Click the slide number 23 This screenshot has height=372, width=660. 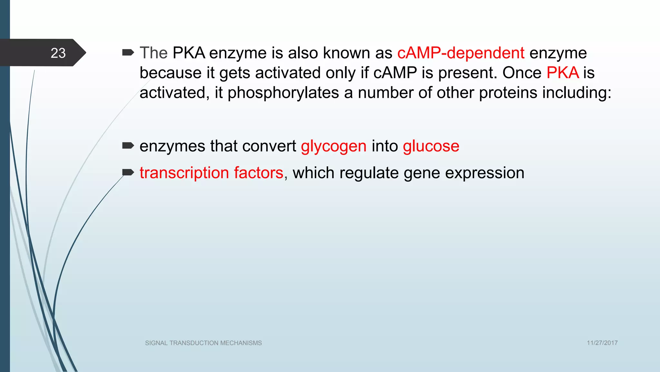coord(58,53)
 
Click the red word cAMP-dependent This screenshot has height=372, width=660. coord(461,53)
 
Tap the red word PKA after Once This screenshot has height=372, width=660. coord(563,73)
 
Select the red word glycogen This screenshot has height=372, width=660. coord(334,146)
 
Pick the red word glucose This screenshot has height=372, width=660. coord(431,146)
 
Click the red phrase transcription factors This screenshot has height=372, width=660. coord(211,173)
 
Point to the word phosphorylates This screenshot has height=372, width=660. coord(283,93)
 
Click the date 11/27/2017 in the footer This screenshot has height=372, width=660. coord(602,343)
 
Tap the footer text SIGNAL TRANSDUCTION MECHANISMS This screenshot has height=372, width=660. coord(203,343)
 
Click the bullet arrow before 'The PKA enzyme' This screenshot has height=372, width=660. coord(128,52)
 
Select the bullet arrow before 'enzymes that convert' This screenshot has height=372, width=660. coord(128,146)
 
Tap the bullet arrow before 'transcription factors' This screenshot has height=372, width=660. coord(128,172)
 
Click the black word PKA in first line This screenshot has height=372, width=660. coord(189,53)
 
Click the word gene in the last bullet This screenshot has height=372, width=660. coord(422,173)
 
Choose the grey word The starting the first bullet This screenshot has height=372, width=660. coord(153,53)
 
